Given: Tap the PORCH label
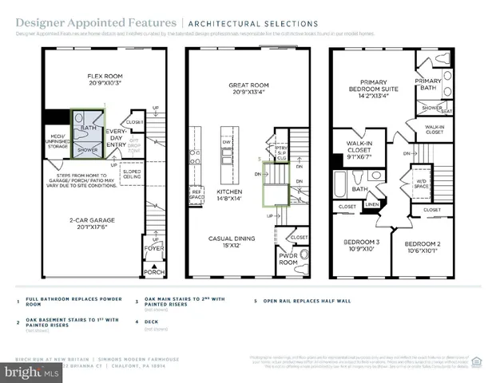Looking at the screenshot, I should pos(153,273).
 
